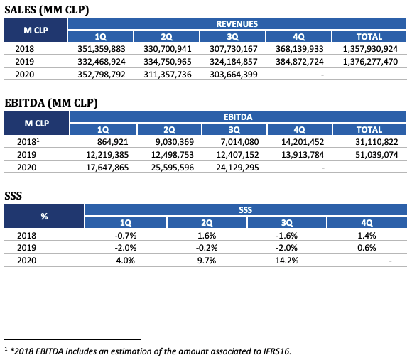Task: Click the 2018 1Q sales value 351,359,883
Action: (x=102, y=49)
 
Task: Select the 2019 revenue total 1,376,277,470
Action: (x=370, y=62)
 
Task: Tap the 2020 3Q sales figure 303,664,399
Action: (x=234, y=75)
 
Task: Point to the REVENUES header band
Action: (x=237, y=23)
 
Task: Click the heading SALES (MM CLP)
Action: (x=47, y=10)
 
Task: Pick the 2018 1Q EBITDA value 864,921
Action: (x=112, y=142)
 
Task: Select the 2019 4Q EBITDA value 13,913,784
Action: (x=303, y=155)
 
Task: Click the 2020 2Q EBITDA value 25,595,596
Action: (x=173, y=168)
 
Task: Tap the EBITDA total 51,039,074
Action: (x=376, y=155)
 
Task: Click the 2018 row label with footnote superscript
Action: (x=28, y=142)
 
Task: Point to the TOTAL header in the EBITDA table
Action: (x=369, y=130)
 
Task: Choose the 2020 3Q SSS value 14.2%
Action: (x=287, y=261)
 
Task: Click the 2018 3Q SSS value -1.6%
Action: (x=286, y=236)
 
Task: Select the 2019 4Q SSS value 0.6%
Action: (x=367, y=248)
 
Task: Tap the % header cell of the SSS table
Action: (x=44, y=216)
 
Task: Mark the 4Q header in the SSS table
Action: (x=367, y=223)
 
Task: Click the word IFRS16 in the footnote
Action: (x=277, y=351)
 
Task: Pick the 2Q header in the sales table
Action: (x=167, y=37)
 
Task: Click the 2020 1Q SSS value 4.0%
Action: (x=125, y=261)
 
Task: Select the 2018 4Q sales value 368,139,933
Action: (x=300, y=49)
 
